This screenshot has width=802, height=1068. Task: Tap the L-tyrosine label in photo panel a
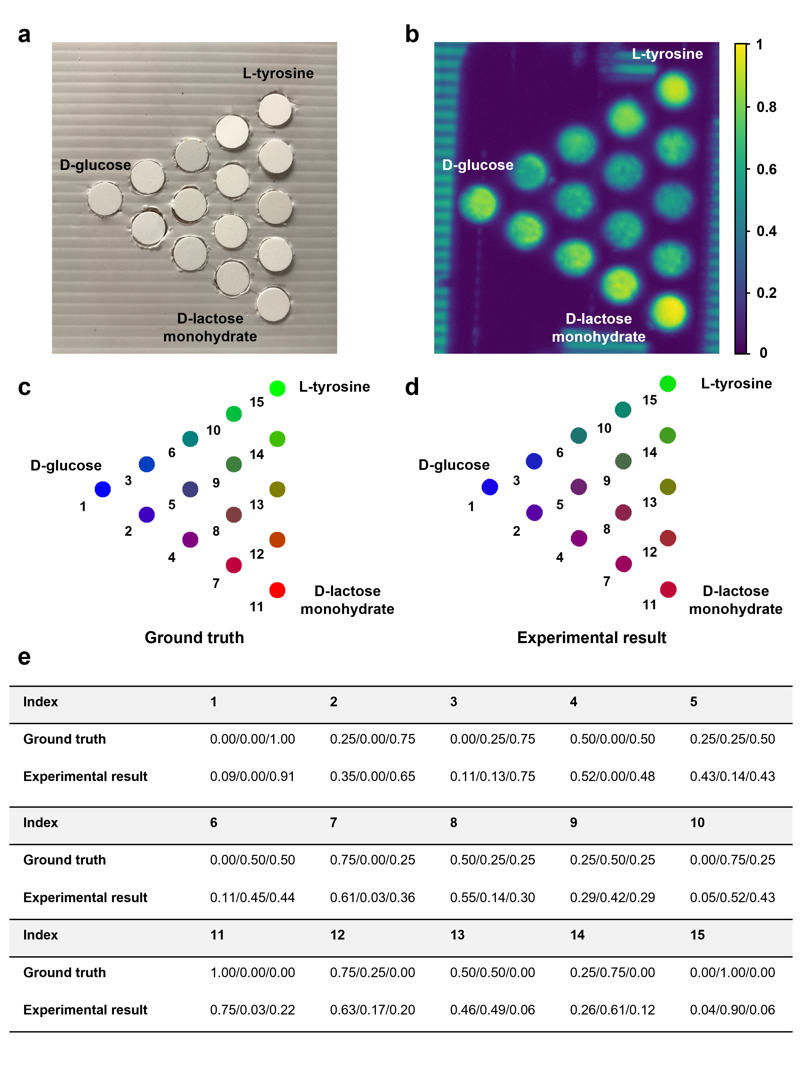coord(278,74)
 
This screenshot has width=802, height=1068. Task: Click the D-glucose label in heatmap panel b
coord(477,165)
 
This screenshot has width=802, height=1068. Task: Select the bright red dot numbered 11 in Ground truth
coord(277,590)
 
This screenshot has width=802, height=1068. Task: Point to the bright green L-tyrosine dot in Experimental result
coord(668,384)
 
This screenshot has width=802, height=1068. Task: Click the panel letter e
coord(24,658)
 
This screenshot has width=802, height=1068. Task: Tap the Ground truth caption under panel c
coord(194,637)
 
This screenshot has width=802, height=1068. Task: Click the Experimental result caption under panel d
coord(592,637)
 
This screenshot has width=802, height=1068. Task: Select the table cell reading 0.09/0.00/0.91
coord(252,776)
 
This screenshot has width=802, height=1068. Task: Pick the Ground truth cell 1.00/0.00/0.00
coord(252,972)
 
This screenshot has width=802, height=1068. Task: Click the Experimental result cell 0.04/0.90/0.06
coord(732,1009)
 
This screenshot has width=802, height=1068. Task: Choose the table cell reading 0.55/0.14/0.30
coord(492,897)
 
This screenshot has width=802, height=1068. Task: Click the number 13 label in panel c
coord(256,505)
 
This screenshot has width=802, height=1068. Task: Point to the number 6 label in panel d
coord(560,453)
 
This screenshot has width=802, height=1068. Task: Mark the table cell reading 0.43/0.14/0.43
coord(732,776)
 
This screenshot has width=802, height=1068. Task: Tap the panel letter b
coord(412,35)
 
